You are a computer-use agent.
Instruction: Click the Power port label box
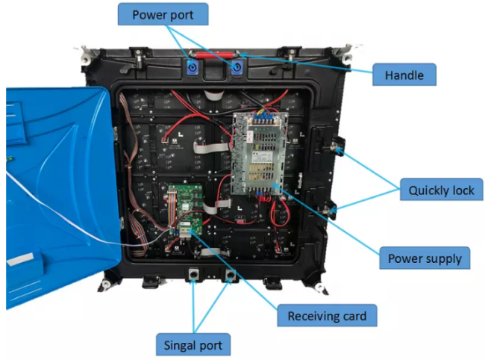pos(163,14)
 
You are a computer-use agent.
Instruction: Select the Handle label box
pos(404,75)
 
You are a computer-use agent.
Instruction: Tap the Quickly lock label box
pos(442,190)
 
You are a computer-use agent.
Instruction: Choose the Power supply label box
pos(425,258)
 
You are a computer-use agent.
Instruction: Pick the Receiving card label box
pos(327,315)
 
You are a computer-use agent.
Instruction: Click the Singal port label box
pos(193,344)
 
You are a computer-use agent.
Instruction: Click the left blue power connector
pos(193,67)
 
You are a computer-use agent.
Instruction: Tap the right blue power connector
pos(237,67)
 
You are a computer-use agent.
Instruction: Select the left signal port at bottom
pos(193,274)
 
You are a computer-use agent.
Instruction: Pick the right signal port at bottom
pos(230,274)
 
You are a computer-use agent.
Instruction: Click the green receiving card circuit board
pos(185,211)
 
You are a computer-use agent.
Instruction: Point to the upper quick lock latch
pos(337,146)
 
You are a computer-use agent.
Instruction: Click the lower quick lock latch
pos(330,210)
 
